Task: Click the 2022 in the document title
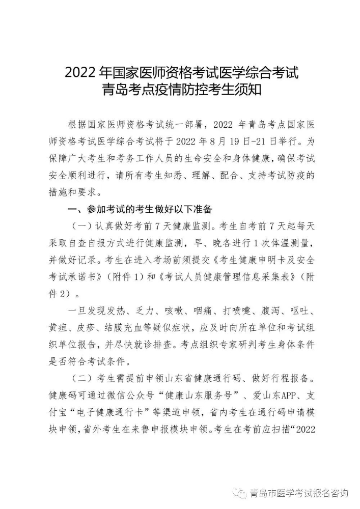pos(79,73)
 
